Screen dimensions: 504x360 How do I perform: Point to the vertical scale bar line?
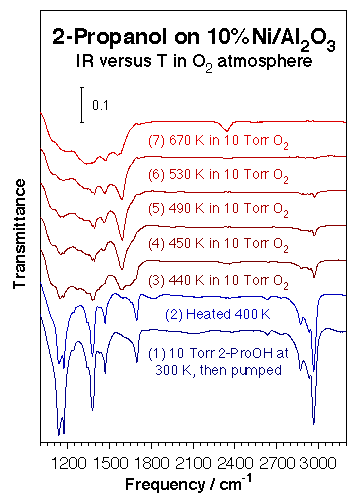pyautogui.click(x=83, y=105)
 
